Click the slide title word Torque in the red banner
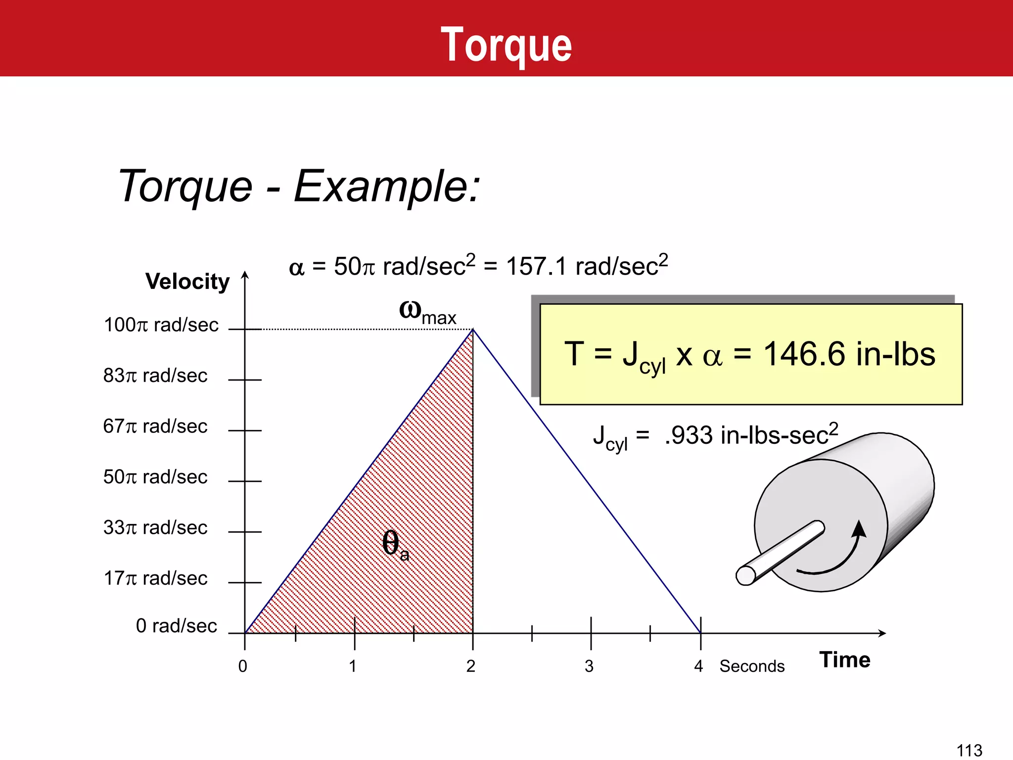[x=506, y=46]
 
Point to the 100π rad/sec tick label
[x=161, y=325]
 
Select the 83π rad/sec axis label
[x=155, y=376]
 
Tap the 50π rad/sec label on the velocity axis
[x=155, y=477]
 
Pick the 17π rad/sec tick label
[x=155, y=578]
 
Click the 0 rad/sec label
[x=177, y=626]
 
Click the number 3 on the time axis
[x=589, y=666]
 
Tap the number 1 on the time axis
[x=353, y=666]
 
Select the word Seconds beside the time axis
[x=752, y=666]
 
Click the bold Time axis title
[x=844, y=660]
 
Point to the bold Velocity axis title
[x=187, y=282]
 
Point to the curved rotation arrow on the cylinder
[x=841, y=554]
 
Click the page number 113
[x=969, y=750]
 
